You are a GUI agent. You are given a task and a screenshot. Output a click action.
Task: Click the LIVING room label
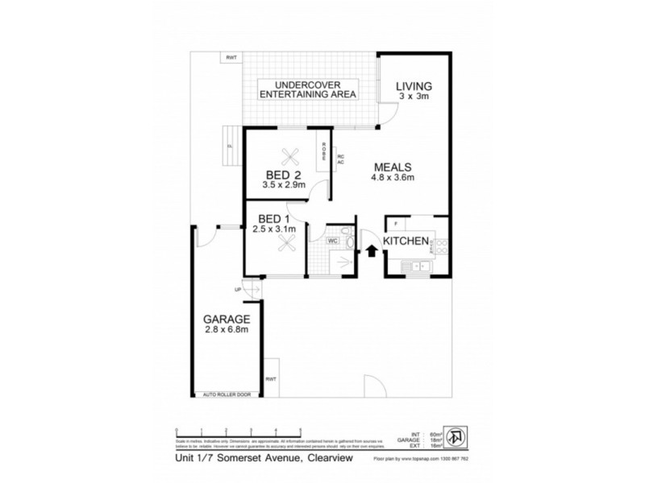point(414,86)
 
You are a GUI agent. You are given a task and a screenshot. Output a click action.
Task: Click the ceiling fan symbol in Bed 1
point(284,246)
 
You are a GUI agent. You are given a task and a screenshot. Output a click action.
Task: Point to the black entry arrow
point(372,251)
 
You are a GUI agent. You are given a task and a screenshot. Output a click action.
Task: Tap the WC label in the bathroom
point(333,241)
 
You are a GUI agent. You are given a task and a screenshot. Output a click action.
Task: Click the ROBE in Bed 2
point(323,153)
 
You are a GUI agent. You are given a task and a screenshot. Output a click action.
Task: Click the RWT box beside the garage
point(270,380)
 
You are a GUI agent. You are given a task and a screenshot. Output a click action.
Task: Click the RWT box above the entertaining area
point(232,57)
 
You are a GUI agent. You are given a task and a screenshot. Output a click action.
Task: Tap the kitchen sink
point(418,265)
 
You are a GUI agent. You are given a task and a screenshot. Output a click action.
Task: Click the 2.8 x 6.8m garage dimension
point(226,329)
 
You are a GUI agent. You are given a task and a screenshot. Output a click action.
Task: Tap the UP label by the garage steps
point(238,290)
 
